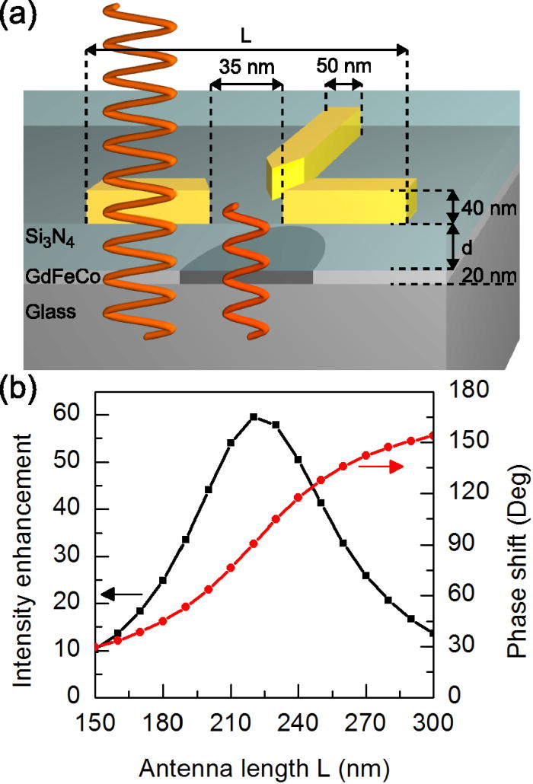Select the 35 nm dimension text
[x=246, y=66]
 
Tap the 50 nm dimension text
[x=344, y=65]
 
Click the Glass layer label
[x=49, y=312]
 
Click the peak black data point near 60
[x=254, y=416]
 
